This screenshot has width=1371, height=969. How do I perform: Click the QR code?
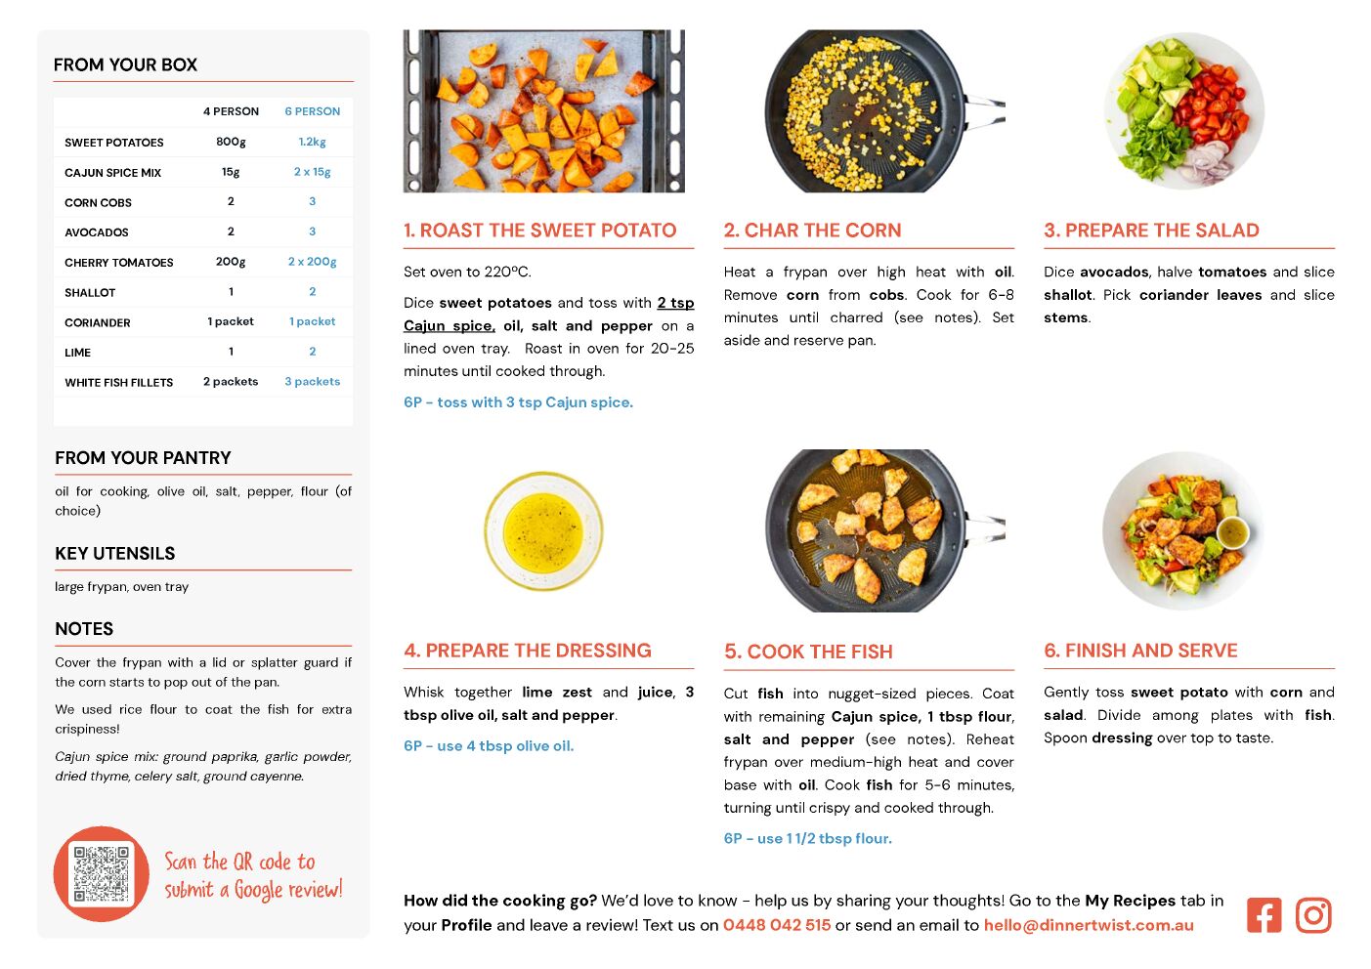coord(102,873)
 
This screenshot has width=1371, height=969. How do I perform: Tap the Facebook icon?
coord(1264,915)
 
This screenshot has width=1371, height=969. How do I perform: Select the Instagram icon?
coord(1313,915)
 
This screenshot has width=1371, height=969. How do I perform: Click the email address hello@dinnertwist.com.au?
coord(1089,925)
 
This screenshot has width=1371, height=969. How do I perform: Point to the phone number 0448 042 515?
coord(777,925)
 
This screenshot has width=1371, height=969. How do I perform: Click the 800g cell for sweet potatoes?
coord(231,142)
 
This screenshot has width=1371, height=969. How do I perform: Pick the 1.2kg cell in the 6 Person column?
coord(312,142)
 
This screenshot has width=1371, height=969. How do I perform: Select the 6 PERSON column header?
coord(312,111)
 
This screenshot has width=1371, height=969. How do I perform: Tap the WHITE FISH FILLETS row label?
coord(119,382)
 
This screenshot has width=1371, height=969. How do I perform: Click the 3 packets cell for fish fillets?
coord(312,381)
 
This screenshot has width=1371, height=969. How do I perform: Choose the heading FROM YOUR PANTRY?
coord(143,457)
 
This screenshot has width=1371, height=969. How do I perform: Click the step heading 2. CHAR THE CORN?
coord(812,230)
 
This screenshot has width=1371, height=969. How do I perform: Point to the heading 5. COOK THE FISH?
coord(808,652)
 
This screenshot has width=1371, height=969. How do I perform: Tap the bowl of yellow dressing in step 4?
coord(543,531)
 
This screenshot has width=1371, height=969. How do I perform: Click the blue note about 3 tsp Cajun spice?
coord(518,402)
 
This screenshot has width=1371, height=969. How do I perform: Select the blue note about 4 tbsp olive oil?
coord(489,745)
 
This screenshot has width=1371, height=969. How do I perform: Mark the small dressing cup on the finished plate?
coord(1232,532)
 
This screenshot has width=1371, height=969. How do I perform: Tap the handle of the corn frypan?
coord(984,110)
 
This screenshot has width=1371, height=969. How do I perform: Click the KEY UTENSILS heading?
coord(115,553)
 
